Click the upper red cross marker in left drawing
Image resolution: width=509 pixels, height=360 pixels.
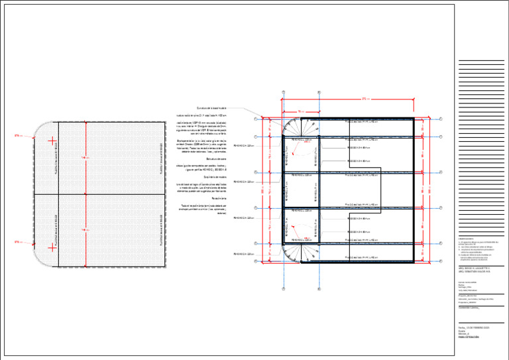pyautogui.click(x=52, y=140)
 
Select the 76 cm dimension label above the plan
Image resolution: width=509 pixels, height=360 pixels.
pyautogui.click(x=300, y=111)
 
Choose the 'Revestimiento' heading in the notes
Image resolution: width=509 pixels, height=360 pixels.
pyautogui.click(x=218, y=198)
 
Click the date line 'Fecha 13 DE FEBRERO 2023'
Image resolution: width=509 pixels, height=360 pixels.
pyautogui.click(x=473, y=328)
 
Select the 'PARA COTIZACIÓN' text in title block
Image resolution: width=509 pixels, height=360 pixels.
pyautogui.click(x=468, y=337)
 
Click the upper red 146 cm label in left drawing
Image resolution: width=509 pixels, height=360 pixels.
pyautogui.click(x=85, y=158)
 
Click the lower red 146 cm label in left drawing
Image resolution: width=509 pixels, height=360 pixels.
pyautogui.click(x=85, y=230)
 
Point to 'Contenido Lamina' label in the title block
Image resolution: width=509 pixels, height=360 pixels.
pyautogui.click(x=469, y=309)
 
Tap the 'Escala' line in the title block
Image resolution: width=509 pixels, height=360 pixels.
pyautogui.click(x=462, y=331)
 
